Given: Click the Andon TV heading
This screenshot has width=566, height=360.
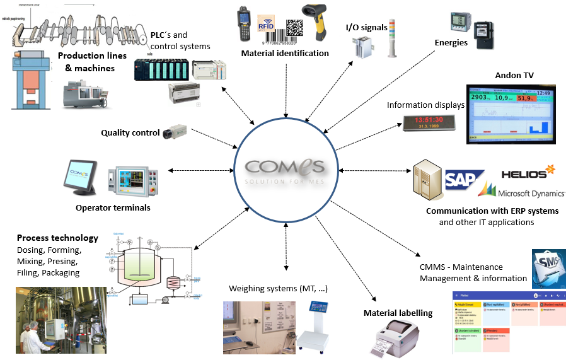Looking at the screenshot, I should pos(514,76).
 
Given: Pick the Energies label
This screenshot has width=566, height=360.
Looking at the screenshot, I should pos(451,43).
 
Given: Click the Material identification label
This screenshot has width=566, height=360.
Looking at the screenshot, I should pos(285,54).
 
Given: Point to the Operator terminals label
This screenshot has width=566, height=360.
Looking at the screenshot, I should pos(113,207).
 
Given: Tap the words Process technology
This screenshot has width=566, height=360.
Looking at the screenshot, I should pos(57,238).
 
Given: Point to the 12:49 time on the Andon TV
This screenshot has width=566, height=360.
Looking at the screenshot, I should pos(544,93).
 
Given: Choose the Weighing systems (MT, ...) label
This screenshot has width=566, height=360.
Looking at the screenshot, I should pos(278,289).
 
